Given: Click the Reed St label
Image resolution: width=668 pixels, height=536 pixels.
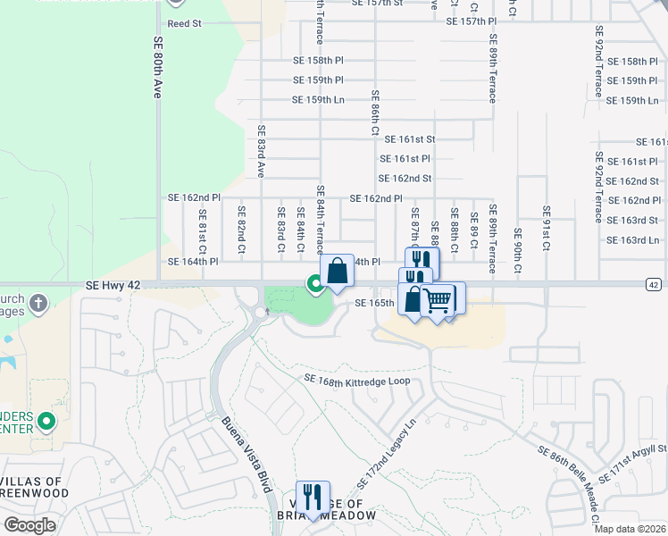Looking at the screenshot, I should (184, 24).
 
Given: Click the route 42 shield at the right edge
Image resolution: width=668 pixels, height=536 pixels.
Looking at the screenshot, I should (654, 284).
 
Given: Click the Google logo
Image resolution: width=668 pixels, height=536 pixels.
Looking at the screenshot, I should (29, 524).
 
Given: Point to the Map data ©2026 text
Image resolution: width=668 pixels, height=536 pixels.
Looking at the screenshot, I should (630, 529).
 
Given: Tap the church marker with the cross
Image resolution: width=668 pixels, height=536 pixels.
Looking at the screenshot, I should (38, 304).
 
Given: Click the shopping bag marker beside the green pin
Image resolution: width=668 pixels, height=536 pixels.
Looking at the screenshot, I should (338, 271).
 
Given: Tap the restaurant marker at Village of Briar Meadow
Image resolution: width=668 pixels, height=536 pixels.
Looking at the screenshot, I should (313, 497).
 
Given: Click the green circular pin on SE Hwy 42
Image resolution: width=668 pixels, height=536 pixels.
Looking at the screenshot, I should (315, 284).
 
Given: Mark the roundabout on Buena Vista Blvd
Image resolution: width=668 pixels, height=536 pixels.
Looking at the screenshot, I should (262, 313).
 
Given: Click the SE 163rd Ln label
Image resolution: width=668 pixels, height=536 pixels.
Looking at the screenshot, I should (632, 240).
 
